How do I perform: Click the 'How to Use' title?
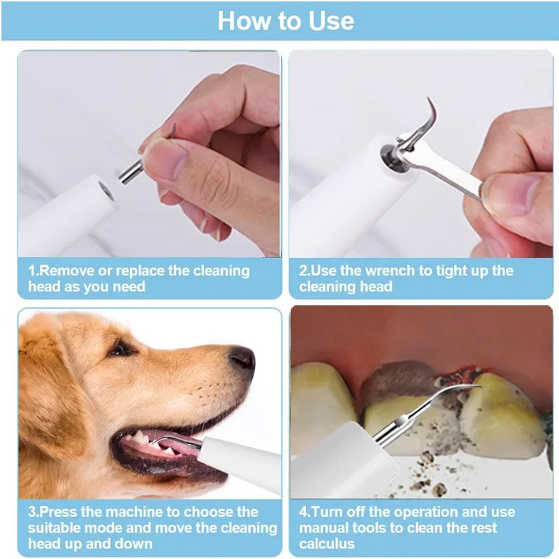click(x=285, y=21)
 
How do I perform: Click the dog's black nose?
click(x=242, y=358)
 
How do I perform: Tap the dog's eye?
click(x=120, y=348)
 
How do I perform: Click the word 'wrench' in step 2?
click(x=378, y=271)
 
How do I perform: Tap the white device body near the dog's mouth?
click(x=238, y=464)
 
